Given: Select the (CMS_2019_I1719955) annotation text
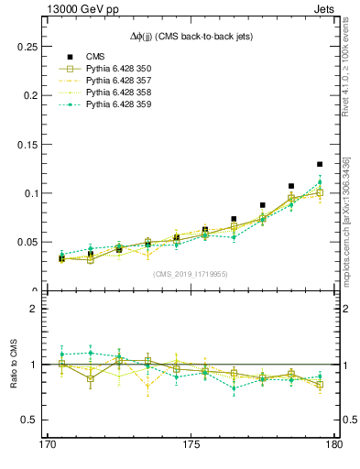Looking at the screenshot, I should point(191,274).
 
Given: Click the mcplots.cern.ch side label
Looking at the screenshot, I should point(346,220).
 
